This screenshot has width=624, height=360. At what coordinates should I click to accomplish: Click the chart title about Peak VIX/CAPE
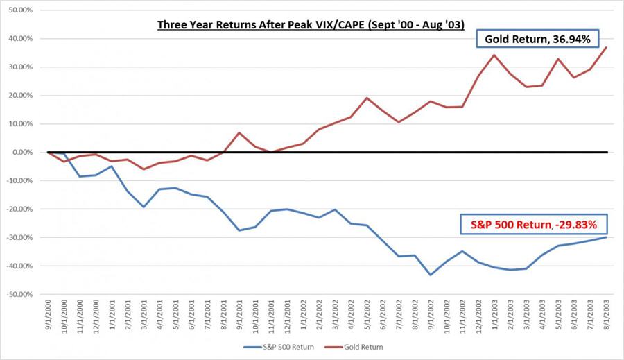click(x=314, y=26)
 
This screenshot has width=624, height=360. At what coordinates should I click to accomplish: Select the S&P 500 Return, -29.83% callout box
click(x=534, y=224)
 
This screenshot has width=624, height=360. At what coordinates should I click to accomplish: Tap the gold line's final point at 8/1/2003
click(x=607, y=48)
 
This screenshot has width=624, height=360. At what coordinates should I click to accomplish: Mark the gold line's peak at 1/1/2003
click(x=495, y=55)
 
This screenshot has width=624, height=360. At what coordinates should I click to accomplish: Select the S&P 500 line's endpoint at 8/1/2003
click(x=607, y=237)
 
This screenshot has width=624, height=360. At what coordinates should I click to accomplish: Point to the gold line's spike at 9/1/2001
click(x=239, y=132)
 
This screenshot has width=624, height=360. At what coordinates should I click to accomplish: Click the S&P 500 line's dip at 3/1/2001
click(x=144, y=207)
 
